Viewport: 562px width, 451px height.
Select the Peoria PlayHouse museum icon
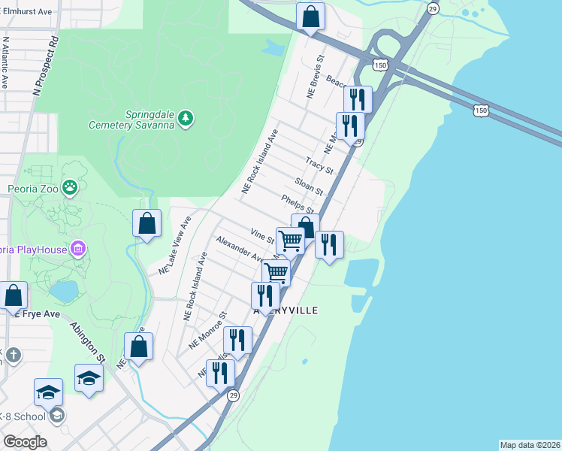(x=77, y=249)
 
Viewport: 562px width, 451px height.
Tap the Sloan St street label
(x=308, y=185)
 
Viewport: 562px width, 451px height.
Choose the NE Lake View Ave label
(x=176, y=245)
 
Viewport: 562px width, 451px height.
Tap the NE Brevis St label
(x=314, y=75)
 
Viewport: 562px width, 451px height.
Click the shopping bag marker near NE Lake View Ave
(x=147, y=223)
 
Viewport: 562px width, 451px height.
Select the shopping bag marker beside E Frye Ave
(x=14, y=295)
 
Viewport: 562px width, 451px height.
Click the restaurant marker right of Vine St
(x=329, y=244)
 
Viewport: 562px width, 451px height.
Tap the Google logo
(x=25, y=442)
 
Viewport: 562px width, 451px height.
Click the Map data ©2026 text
(x=530, y=445)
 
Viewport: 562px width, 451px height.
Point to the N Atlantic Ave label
(x=5, y=63)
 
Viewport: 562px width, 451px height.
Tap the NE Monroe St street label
(x=208, y=331)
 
